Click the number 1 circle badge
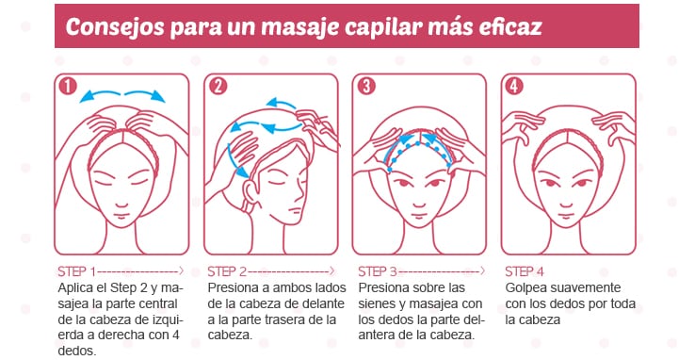tap(68, 86)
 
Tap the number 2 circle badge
tap(218, 86)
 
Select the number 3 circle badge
tap(366, 86)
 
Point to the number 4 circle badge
tap(514, 86)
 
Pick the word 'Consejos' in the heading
tap(115, 27)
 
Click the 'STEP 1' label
tap(76, 271)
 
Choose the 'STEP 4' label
tap(525, 271)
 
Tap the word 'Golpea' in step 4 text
tap(525, 288)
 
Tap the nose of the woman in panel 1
tap(121, 203)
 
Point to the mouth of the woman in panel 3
tap(419, 217)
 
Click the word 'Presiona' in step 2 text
tap(234, 288)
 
